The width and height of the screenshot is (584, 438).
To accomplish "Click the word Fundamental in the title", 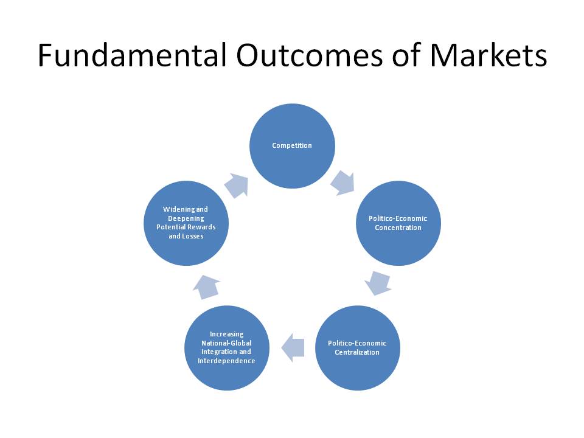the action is click(x=132, y=55).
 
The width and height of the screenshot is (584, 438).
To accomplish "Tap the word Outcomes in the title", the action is click(x=309, y=55).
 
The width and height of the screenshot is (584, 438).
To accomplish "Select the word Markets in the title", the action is click(x=488, y=55).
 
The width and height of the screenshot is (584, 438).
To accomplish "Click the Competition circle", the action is click(x=292, y=146).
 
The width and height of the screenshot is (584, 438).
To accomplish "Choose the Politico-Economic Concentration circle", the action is click(x=398, y=223).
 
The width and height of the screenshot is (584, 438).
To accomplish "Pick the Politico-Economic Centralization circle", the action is click(x=358, y=348).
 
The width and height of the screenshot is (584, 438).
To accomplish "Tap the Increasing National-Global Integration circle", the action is click(x=227, y=348).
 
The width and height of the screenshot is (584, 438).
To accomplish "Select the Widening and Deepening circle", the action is click(x=186, y=223).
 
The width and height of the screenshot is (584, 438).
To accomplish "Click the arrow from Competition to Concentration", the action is click(x=343, y=183).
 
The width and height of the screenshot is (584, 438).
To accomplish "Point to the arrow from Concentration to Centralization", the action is click(x=378, y=283).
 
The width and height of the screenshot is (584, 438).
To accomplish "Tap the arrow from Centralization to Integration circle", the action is click(x=293, y=348).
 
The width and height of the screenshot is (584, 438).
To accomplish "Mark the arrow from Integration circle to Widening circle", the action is click(x=207, y=287).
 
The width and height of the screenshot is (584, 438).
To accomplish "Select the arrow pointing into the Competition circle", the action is click(x=237, y=186).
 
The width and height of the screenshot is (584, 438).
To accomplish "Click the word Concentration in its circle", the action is click(x=398, y=228).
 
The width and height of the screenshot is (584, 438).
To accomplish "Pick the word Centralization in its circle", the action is click(x=357, y=352).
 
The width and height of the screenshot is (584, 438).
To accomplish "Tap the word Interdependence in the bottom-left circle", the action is click(x=226, y=361).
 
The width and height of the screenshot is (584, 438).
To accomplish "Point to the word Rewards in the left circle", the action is click(x=201, y=227).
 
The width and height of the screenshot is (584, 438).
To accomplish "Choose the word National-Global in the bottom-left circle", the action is click(x=226, y=343).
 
